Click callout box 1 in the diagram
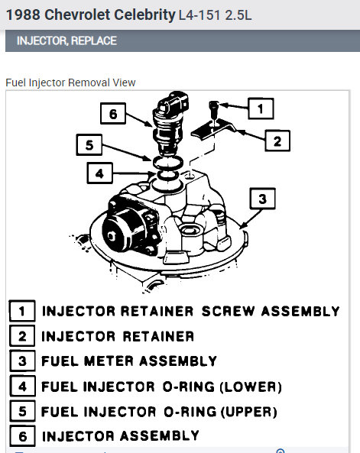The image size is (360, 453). click(x=261, y=108)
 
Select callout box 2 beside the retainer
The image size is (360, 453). click(x=277, y=141)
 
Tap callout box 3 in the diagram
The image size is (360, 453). click(x=263, y=199)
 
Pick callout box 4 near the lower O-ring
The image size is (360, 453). click(x=100, y=173)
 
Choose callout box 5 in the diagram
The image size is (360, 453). click(x=89, y=144)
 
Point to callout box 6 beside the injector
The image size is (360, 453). click(x=113, y=114)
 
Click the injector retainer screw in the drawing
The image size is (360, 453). click(x=214, y=110)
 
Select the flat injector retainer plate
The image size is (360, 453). click(x=212, y=129)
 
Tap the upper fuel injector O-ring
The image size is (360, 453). click(x=167, y=163)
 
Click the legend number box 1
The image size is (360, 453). click(x=22, y=311)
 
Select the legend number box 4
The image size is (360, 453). click(x=23, y=386)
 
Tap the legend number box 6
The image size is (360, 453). click(x=23, y=436)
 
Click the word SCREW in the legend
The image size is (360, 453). click(x=228, y=311)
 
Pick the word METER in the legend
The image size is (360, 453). click(x=109, y=361)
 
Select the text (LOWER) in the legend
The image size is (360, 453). click(x=251, y=387)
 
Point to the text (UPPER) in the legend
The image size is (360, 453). click(x=248, y=412)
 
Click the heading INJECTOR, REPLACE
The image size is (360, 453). click(x=66, y=40)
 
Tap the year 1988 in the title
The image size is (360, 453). click(x=23, y=15)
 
